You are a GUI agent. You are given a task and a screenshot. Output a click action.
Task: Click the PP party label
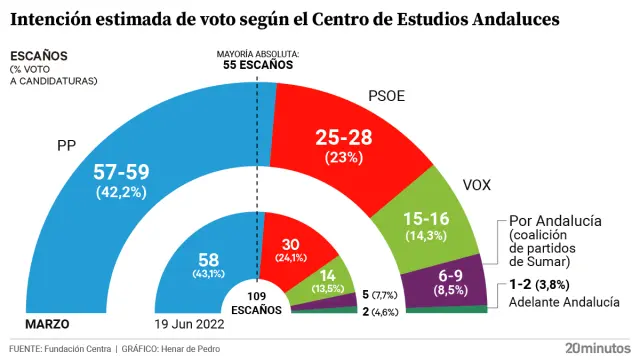67,146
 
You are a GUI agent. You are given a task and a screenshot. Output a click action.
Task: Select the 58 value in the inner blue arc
207,259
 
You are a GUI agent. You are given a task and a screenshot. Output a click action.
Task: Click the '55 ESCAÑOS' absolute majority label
257,65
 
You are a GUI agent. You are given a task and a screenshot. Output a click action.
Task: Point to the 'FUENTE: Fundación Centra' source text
59,348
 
